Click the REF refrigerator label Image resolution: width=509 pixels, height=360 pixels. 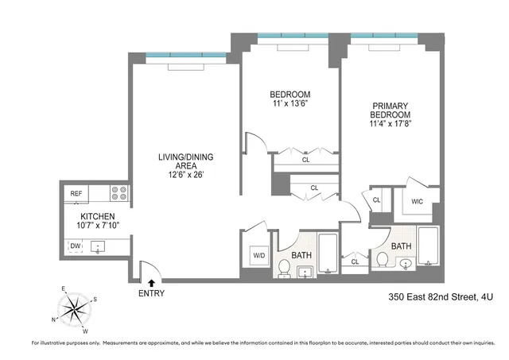(76, 193)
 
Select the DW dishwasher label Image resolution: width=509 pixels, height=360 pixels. (75, 246)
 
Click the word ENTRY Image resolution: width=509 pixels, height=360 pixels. (152, 293)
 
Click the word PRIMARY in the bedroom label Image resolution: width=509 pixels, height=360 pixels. (388, 104)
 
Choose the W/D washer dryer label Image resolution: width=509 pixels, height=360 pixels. (258, 256)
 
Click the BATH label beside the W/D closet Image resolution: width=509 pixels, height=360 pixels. (301, 254)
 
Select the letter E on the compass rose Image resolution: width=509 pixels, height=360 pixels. (62, 290)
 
